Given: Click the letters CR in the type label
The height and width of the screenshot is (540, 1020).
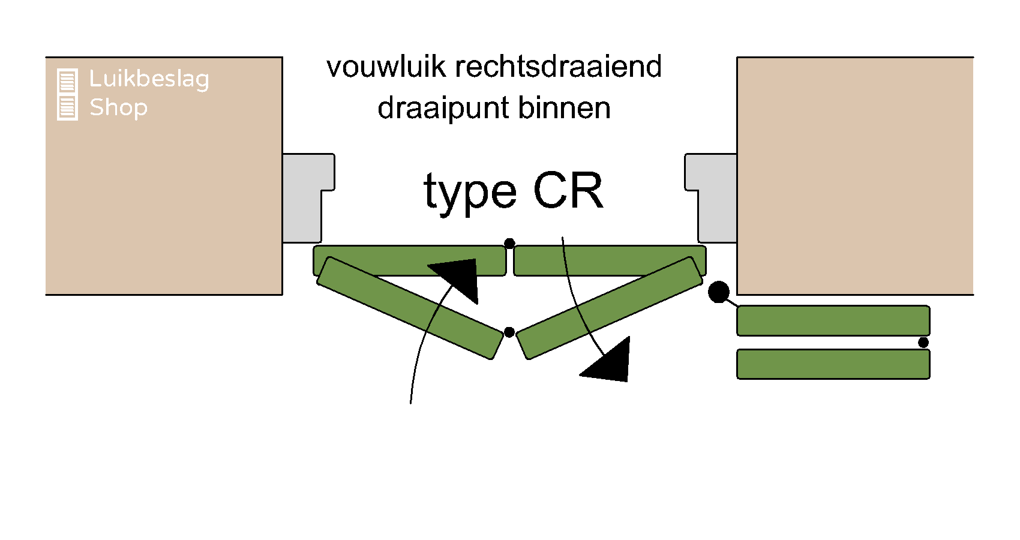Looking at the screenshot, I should [x=568, y=191].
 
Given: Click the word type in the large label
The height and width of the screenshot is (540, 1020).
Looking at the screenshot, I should [x=470, y=193].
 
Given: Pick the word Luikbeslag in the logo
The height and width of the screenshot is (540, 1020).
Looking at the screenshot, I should [x=149, y=79].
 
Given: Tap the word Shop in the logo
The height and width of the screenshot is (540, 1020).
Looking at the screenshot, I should [x=118, y=107].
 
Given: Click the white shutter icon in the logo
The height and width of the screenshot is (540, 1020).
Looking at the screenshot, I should [x=67, y=94].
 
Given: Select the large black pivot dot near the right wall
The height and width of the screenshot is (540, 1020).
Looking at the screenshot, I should [x=718, y=292].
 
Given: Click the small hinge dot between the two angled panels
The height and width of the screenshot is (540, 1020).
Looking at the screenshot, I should [x=509, y=332].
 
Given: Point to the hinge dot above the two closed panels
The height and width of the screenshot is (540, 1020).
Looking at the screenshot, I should [x=509, y=243].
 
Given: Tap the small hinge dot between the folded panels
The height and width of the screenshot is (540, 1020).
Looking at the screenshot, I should [x=923, y=342].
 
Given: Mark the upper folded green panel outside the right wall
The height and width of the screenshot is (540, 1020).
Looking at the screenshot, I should [x=833, y=320].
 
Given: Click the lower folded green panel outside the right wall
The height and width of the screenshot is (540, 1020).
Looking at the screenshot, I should [x=833, y=364].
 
